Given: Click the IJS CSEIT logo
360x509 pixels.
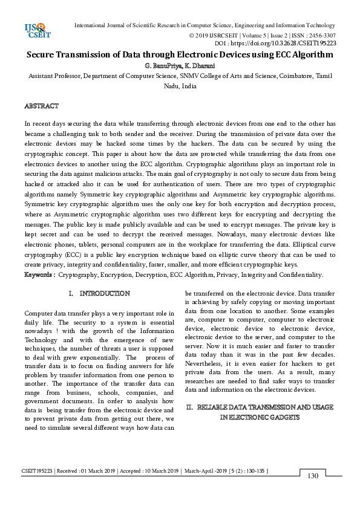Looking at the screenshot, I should pos(34,30).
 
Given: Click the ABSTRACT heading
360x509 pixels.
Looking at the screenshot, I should pos(41,106).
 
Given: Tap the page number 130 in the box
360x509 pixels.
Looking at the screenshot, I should pos(313,476).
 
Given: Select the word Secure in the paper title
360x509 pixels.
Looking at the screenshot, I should pos(43,54).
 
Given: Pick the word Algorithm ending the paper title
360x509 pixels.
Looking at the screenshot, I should pos(311,54).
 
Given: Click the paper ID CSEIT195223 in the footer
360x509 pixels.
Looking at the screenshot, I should pos(38,470).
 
